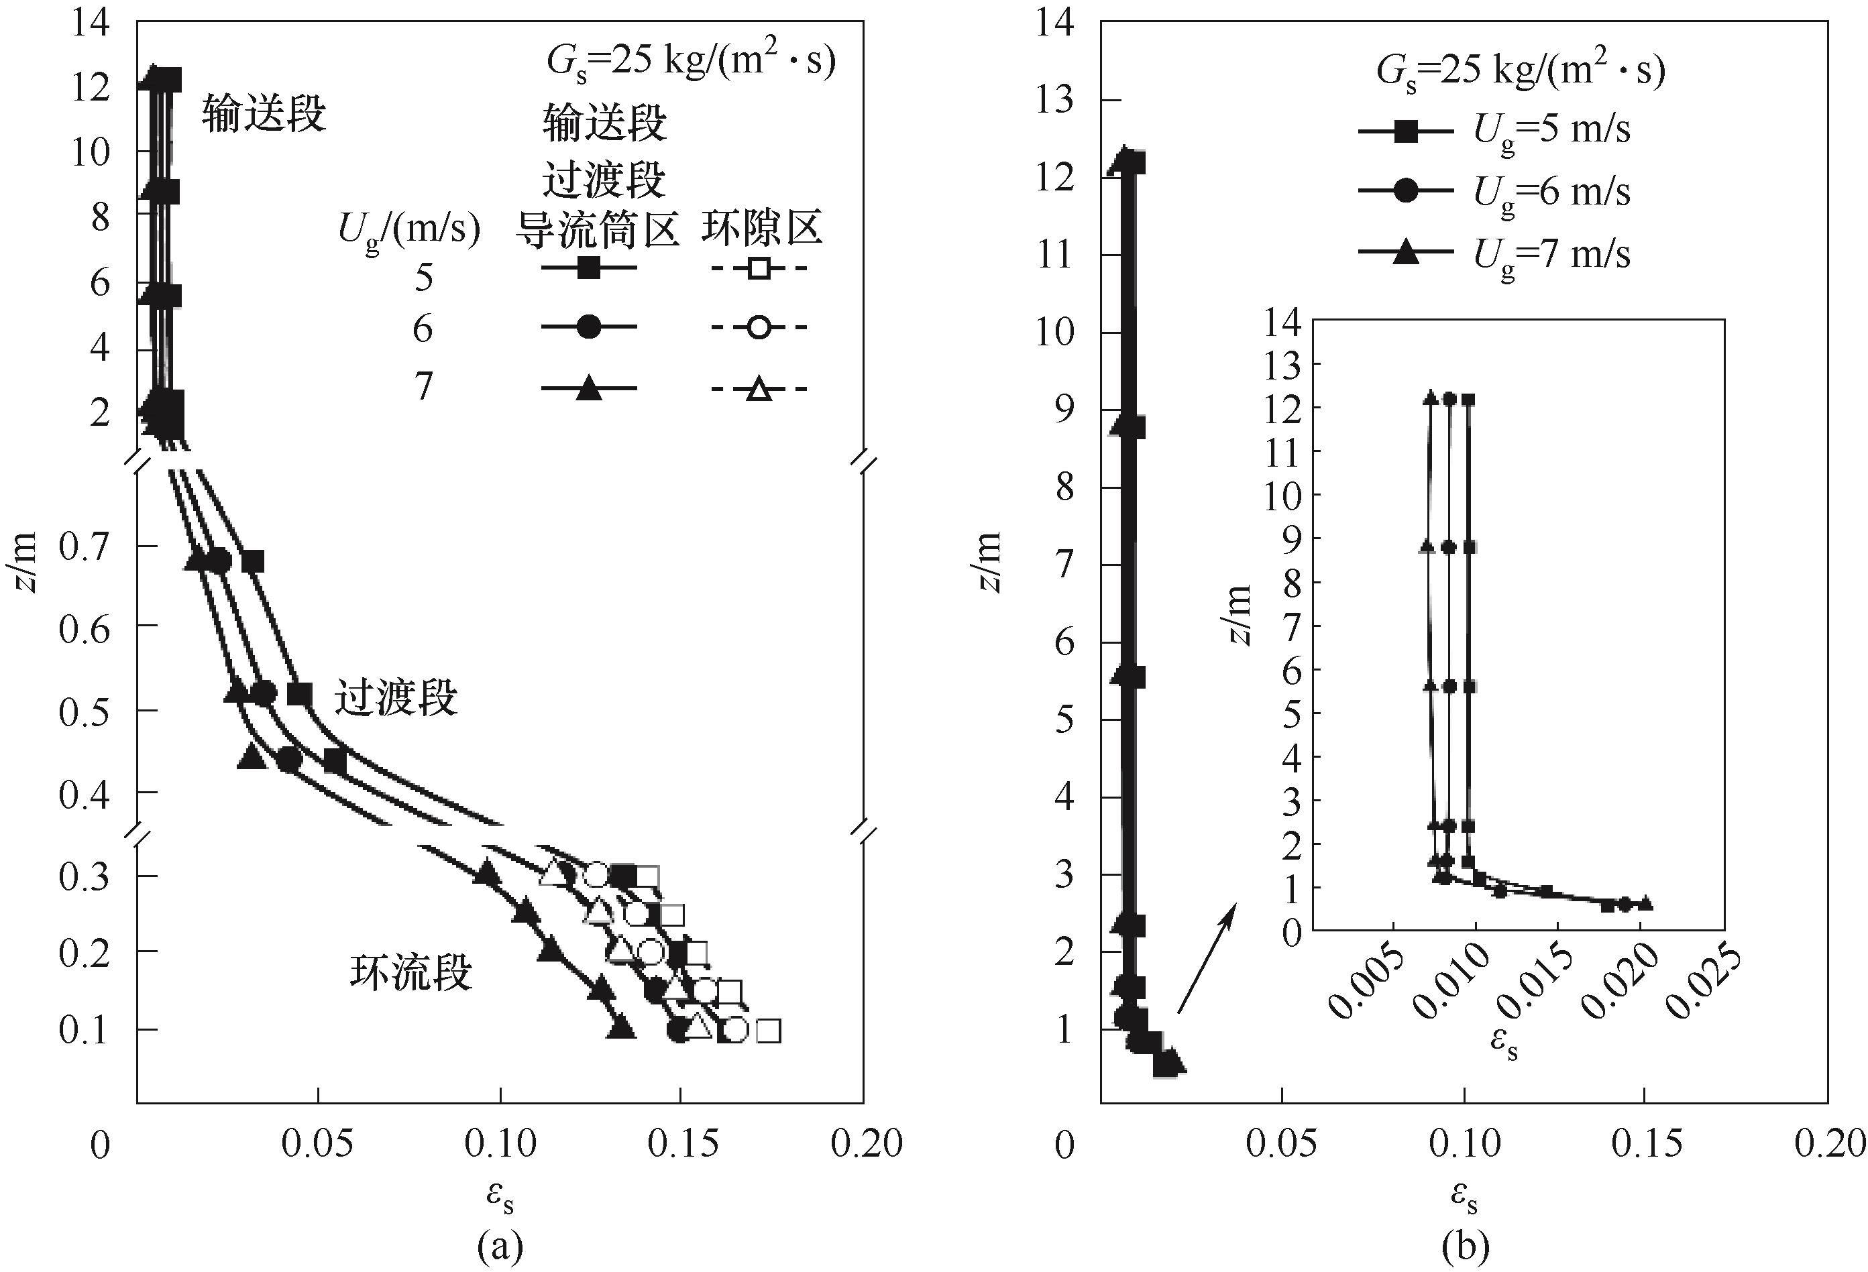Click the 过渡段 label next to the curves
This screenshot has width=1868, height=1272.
pos(396,697)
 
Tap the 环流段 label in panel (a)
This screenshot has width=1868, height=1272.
pos(410,972)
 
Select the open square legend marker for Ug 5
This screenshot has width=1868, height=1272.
pos(758,268)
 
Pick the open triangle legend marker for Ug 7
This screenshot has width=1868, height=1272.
pos(758,390)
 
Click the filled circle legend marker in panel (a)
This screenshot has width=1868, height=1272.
pos(589,327)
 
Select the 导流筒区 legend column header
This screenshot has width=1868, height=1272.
pos(596,231)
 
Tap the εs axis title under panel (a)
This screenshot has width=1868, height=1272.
pos(500,1198)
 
